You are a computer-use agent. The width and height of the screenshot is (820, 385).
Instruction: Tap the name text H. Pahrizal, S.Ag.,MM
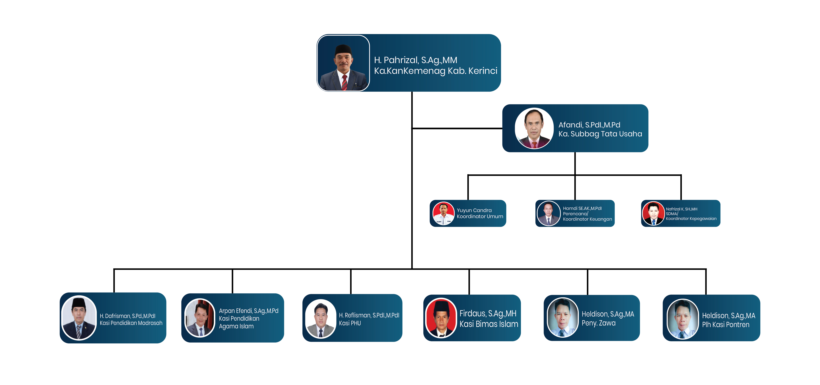415,60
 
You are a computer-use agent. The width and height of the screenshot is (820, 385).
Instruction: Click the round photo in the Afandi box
534,128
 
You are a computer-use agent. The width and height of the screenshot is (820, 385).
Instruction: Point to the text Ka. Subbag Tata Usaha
600,134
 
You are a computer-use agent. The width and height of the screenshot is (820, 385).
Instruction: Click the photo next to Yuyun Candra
444,213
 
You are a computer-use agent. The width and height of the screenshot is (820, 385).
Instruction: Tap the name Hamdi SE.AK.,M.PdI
582,208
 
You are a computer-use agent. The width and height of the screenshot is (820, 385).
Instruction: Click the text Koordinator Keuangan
587,219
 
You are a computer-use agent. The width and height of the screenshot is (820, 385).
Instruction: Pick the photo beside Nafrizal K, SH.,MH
653,213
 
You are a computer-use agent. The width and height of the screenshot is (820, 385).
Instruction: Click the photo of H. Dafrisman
79,318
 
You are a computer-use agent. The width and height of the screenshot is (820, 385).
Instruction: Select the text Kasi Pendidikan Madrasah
131,323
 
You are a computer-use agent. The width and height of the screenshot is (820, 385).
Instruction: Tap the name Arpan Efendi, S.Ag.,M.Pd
248,311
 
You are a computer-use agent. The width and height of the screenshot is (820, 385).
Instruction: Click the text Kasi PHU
350,323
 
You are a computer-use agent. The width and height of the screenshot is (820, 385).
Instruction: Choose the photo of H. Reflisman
321,319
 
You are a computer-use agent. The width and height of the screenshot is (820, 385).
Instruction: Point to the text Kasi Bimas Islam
489,324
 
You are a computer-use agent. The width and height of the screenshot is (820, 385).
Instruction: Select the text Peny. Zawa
599,323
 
